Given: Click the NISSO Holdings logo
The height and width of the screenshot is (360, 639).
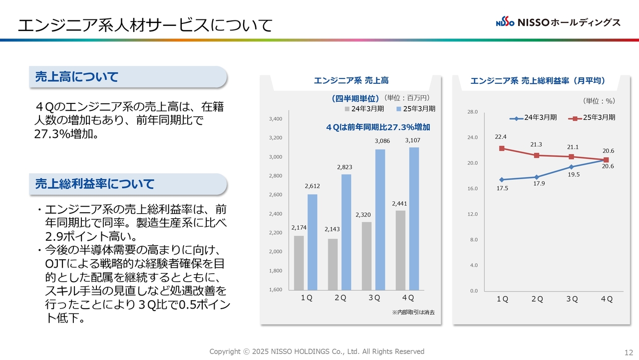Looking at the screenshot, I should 558,22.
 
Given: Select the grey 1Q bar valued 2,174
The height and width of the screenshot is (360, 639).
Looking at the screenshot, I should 299,263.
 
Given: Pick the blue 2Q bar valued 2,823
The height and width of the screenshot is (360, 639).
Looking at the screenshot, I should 346,232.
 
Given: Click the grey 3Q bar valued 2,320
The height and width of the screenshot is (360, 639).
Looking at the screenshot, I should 366,256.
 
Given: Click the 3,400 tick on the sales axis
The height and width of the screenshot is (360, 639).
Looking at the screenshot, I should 276,119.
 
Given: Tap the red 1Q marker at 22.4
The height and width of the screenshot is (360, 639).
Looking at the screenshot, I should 502,148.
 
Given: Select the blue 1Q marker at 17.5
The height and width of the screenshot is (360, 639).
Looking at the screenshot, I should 502,180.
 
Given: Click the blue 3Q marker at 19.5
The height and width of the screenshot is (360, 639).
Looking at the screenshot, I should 572,167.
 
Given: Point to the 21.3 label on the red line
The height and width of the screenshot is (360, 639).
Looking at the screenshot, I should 536,145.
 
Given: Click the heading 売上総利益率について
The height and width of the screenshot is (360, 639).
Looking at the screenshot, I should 94,184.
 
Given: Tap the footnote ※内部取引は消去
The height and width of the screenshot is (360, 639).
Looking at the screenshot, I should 413,312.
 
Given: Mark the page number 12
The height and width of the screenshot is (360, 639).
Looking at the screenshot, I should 629,352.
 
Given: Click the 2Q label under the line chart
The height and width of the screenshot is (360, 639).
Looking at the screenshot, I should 537,299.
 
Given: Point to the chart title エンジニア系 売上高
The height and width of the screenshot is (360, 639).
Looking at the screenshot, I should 351,80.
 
